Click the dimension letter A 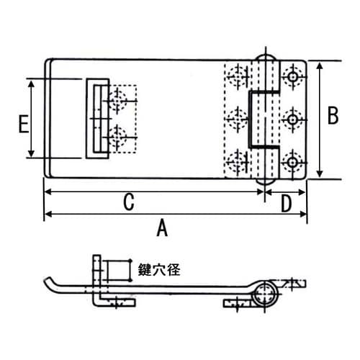(162, 229)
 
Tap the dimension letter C (128, 202)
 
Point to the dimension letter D (286, 204)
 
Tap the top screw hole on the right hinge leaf (292, 76)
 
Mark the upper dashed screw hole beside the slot (117, 102)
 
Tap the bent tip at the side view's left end (49, 282)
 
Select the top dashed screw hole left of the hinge (238, 76)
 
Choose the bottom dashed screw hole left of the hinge (238, 161)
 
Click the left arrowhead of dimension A (47, 214)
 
